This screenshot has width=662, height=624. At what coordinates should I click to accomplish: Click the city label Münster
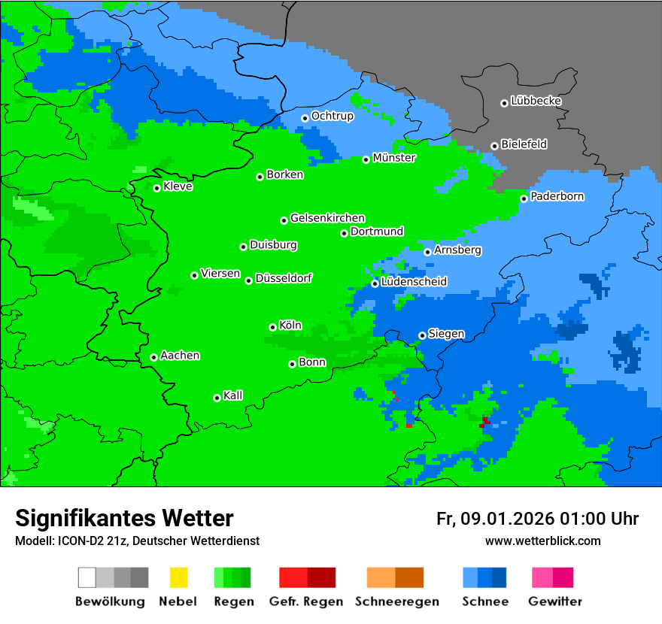tap(394, 158)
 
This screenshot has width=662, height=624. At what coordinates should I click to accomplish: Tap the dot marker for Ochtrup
tap(305, 117)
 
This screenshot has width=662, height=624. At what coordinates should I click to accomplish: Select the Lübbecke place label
tap(536, 101)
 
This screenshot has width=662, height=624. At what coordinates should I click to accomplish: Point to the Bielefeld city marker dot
tap(494, 146)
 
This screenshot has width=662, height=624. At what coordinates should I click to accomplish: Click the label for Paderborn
tap(557, 196)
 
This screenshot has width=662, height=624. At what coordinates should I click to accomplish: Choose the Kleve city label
tap(178, 186)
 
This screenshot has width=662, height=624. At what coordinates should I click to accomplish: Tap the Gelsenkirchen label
tap(327, 218)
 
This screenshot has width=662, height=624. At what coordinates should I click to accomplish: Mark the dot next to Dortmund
tap(344, 233)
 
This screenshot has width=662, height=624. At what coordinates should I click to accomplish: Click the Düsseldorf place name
tap(284, 278)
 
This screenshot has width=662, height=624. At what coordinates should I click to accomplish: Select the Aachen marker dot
tap(153, 357)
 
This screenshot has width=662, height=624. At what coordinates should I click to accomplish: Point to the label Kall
tap(232, 395)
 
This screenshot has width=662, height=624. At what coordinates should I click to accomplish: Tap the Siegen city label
tap(446, 334)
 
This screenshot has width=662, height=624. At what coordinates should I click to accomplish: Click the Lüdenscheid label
tap(414, 282)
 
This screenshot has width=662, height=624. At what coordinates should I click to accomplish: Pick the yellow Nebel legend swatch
tap(178, 577)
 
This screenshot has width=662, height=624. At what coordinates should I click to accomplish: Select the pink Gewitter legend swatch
tap(542, 577)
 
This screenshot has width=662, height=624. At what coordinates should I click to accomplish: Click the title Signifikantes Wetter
tap(124, 518)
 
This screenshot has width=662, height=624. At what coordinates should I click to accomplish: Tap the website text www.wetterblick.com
tap(542, 541)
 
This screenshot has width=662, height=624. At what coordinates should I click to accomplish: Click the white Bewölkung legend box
tap(87, 577)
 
